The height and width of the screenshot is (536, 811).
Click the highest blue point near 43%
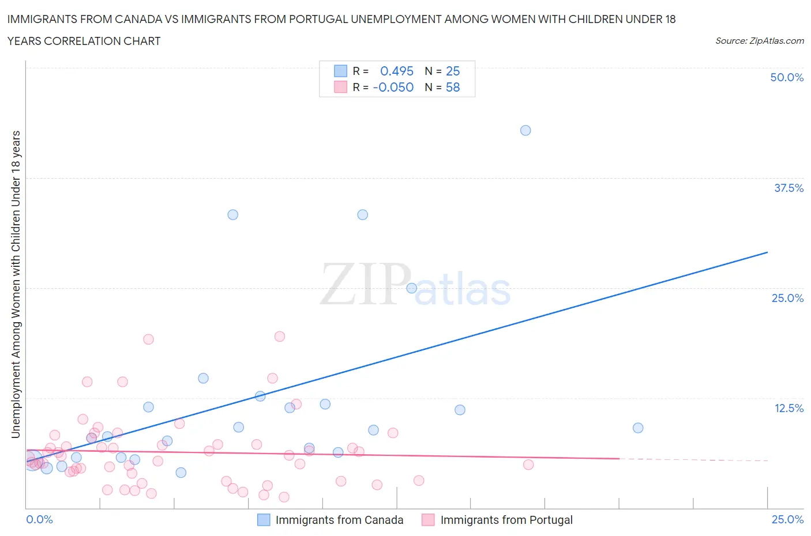pyautogui.click(x=525, y=130)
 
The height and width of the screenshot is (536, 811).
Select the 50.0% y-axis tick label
pyautogui.click(x=787, y=77)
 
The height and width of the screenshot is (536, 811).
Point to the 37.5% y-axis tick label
pyautogui.click(x=789, y=188)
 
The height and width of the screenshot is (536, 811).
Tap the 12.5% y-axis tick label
pyautogui.click(x=789, y=408)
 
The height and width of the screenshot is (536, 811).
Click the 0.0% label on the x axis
pyautogui.click(x=40, y=519)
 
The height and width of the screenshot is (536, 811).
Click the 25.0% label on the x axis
pyautogui.click(x=787, y=519)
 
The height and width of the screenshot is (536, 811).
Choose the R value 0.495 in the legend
pyautogui.click(x=397, y=71)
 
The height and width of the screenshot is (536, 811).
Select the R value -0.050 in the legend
pyautogui.click(x=393, y=87)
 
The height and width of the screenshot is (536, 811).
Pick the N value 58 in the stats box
pyautogui.click(x=453, y=87)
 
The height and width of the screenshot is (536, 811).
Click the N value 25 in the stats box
pyautogui.click(x=453, y=71)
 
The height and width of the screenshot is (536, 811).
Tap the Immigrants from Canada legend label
pyautogui.click(x=339, y=520)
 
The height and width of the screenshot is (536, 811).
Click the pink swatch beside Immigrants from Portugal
pyautogui.click(x=428, y=520)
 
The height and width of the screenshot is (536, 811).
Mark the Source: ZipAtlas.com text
pyautogui.click(x=759, y=40)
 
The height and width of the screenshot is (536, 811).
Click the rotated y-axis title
pyautogui.click(x=16, y=284)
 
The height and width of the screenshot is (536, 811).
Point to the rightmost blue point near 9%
pyautogui.click(x=638, y=428)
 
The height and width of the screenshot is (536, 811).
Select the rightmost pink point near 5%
pyautogui.click(x=528, y=465)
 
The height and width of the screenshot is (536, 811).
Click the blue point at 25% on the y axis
pyautogui.click(x=412, y=288)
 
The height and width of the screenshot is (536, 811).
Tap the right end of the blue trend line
pyautogui.click(x=767, y=252)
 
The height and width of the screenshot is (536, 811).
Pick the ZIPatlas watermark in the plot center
pyautogui.click(x=415, y=285)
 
